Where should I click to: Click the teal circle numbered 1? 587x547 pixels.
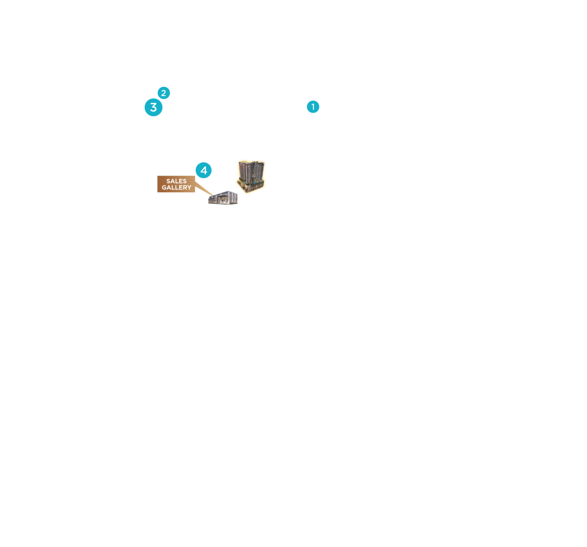[313, 106]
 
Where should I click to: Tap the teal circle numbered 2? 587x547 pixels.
[164, 93]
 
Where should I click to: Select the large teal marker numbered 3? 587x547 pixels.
[153, 108]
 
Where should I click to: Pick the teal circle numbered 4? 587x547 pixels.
[204, 171]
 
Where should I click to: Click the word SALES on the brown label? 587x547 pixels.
[176, 181]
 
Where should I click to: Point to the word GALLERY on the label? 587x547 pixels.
[176, 188]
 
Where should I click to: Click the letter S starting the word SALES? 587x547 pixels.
[168, 181]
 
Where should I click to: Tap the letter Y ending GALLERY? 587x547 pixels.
[189, 188]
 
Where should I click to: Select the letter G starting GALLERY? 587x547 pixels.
[164, 188]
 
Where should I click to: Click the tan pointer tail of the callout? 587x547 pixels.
[204, 189]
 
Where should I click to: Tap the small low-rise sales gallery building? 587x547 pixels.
[223, 197]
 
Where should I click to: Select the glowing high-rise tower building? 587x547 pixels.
[251, 176]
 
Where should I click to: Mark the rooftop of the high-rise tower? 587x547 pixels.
[251, 162]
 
